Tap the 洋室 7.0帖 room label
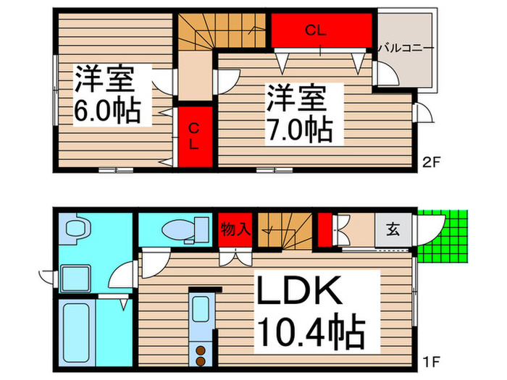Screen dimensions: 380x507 (x=298, y=114)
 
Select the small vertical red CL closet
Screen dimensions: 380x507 (x=195, y=137)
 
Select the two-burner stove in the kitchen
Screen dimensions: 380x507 (x=201, y=355)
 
